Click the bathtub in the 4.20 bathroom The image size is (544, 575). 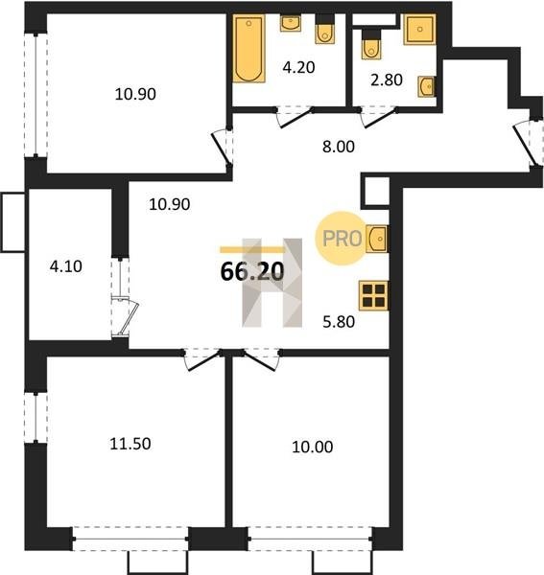click(x=248, y=49)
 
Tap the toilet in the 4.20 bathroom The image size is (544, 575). click(x=325, y=30)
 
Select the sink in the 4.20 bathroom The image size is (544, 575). click(x=291, y=23)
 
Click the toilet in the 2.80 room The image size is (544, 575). click(x=371, y=44)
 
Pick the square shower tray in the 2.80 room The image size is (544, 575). click(x=420, y=30)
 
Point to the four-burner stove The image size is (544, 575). click(x=373, y=295)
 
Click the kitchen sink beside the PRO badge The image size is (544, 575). click(x=377, y=239)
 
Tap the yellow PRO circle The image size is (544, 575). click(x=342, y=239)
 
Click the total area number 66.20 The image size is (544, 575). click(x=252, y=271)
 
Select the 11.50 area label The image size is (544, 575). click(x=130, y=444)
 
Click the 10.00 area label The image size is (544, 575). click(x=313, y=447)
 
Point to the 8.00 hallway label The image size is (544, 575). click(x=339, y=147)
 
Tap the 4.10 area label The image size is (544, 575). click(x=66, y=266)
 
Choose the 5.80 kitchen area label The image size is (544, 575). click(x=339, y=322)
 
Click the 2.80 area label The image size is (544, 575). click(x=387, y=80)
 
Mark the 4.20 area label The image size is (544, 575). click(x=298, y=67)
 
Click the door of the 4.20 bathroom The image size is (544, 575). click(x=295, y=117)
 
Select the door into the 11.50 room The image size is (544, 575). click(x=202, y=360)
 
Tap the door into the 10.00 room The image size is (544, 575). click(x=261, y=360)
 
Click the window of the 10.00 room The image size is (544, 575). click(x=310, y=539)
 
